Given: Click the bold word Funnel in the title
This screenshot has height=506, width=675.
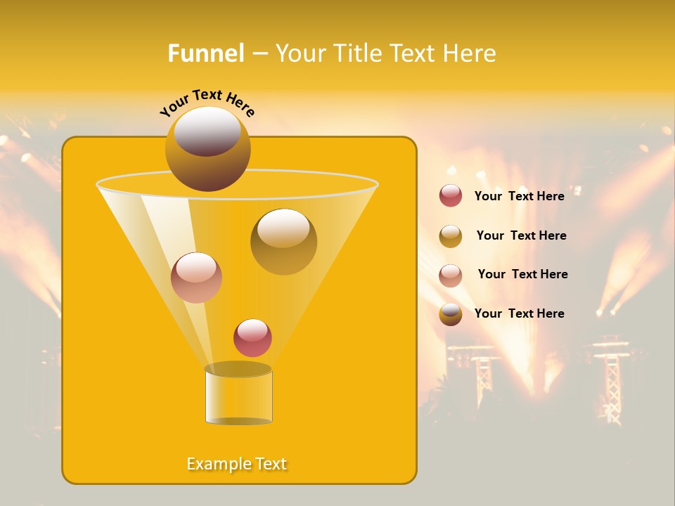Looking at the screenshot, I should click(x=205, y=53).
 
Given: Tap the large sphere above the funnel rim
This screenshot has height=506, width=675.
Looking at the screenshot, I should click(x=207, y=149).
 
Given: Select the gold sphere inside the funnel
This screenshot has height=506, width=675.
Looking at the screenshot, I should click(x=283, y=242).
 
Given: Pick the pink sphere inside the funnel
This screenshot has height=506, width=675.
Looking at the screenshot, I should click(x=196, y=278).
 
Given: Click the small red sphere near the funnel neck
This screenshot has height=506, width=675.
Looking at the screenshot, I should click(x=252, y=337).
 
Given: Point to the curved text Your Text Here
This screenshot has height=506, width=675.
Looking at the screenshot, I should click(x=207, y=103).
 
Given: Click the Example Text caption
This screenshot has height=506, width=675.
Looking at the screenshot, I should click(x=236, y=464).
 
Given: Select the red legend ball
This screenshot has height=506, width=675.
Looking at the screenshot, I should click(x=451, y=196).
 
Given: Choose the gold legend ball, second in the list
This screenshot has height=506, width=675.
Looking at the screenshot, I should click(x=451, y=236).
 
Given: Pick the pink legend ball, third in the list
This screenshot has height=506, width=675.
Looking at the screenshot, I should click(x=451, y=275).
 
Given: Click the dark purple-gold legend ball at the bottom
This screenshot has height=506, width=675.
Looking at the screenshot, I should click(x=451, y=314).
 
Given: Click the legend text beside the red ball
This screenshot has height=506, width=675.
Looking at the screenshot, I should click(x=519, y=196).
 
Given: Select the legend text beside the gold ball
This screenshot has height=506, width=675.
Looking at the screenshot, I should click(x=521, y=235).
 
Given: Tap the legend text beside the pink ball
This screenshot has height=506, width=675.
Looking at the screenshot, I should click(x=522, y=274).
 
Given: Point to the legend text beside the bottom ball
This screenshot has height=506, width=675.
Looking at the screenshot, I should click(x=519, y=313).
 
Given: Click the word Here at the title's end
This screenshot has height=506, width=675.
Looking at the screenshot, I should click(x=470, y=53).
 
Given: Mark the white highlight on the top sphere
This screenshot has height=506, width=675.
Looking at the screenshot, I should click(x=207, y=131).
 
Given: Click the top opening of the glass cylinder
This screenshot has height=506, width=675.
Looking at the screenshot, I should click(x=238, y=369).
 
